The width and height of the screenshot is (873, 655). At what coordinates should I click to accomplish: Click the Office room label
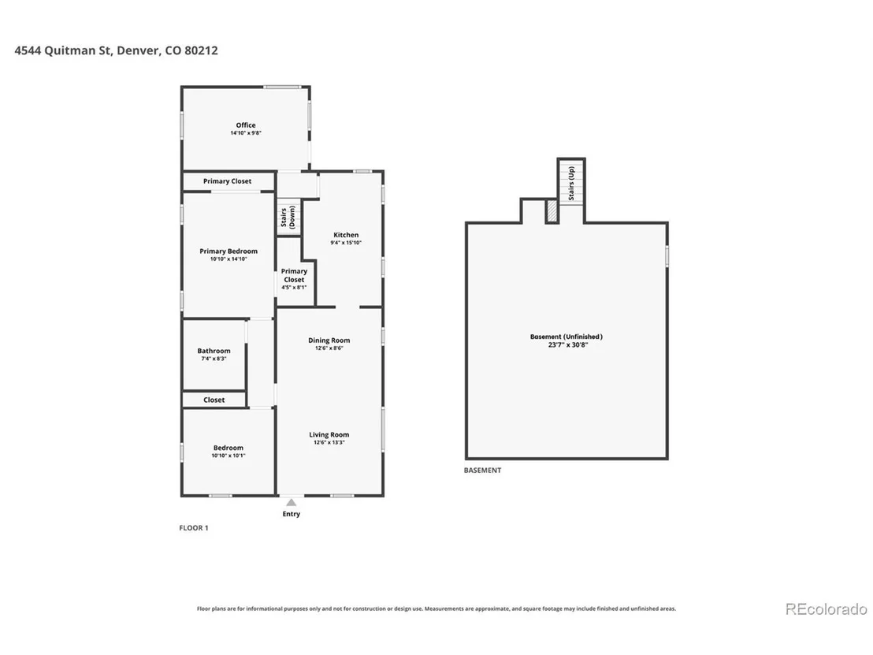[x=246, y=125]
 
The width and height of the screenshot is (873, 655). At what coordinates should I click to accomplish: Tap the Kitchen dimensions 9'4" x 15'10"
[x=346, y=243]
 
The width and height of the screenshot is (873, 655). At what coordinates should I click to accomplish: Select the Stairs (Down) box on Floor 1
[x=288, y=218]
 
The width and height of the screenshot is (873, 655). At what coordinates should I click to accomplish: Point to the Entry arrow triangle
[x=292, y=502]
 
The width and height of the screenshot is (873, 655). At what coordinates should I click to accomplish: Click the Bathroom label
[x=214, y=351]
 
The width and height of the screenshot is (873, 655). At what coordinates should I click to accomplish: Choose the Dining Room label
[x=329, y=341]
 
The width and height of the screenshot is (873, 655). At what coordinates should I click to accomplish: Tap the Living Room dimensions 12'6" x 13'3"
[x=329, y=443]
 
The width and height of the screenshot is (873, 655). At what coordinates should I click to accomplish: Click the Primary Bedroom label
[x=228, y=251]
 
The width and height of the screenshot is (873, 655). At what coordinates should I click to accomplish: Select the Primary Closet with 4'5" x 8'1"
[x=294, y=279]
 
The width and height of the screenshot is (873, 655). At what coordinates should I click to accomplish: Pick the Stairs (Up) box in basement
[x=571, y=182]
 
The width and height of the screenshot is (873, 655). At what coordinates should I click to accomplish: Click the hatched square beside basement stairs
[x=552, y=211]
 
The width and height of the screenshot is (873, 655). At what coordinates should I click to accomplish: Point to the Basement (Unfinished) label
[x=567, y=337]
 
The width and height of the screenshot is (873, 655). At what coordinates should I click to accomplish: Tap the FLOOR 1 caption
[x=194, y=528]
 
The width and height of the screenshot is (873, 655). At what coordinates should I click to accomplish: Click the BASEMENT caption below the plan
[x=483, y=471]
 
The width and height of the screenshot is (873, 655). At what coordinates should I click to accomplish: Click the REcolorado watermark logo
[x=827, y=609]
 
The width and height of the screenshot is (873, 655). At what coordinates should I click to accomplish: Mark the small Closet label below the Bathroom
[x=214, y=400]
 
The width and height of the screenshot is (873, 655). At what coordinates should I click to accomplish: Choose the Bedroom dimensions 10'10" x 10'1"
[x=228, y=456]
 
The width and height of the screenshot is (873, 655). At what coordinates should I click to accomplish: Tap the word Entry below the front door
[x=292, y=514]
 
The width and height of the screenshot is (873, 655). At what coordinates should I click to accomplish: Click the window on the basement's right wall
[x=667, y=256]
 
